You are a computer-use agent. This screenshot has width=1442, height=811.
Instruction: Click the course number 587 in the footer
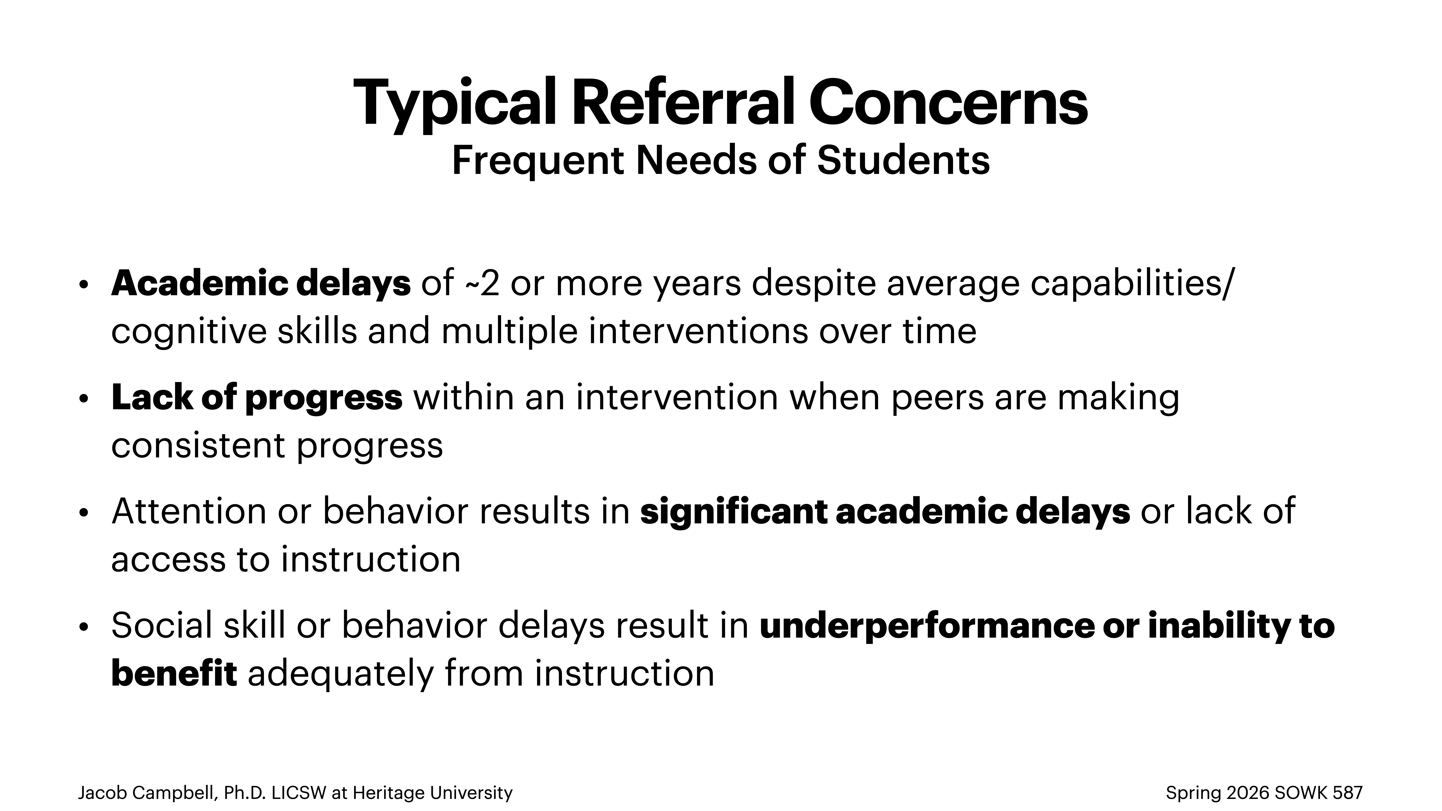pyautogui.click(x=1348, y=793)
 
